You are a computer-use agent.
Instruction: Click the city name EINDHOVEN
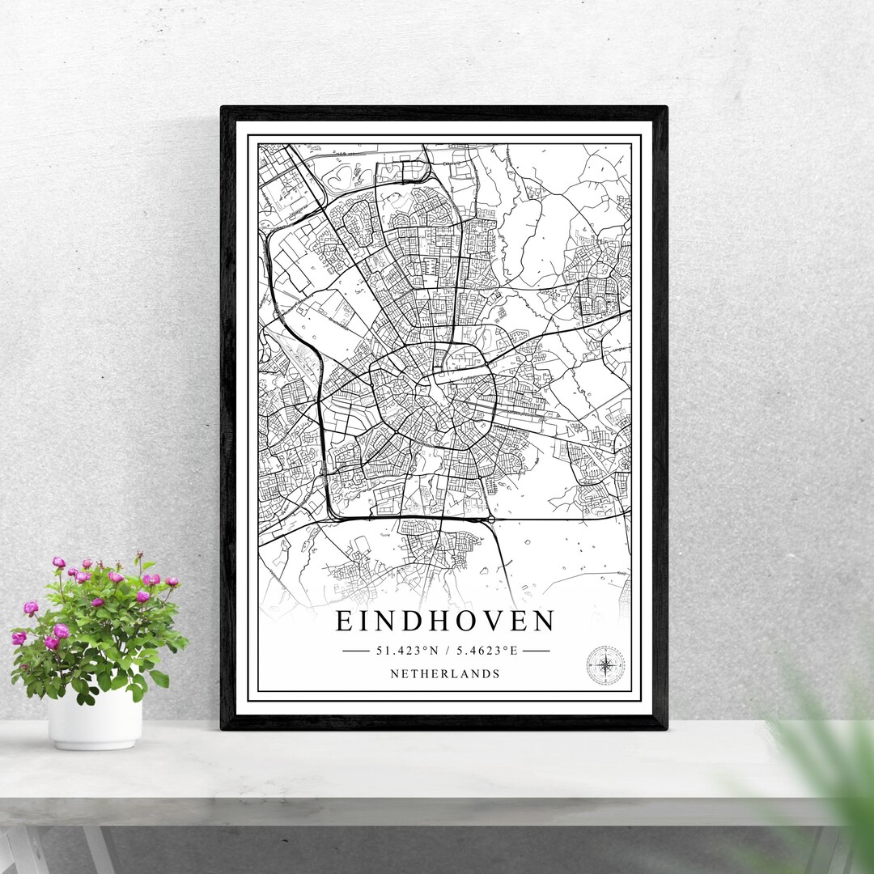pos(445,622)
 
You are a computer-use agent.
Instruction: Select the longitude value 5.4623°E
pos(486,650)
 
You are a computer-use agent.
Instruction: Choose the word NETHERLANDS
pos(445,673)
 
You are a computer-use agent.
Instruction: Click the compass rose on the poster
pos(605,665)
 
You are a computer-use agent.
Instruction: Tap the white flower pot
pos(95,718)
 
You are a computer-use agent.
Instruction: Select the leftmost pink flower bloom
pos(18,639)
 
